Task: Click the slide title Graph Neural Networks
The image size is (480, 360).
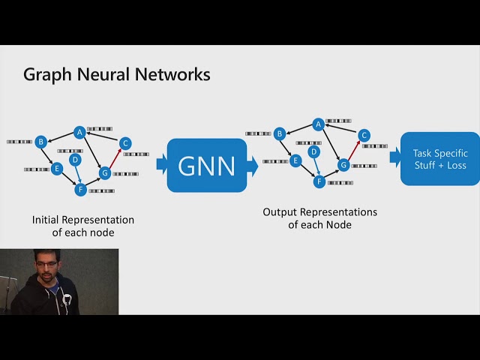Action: [x=116, y=75]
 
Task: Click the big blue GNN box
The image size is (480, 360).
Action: [x=206, y=165]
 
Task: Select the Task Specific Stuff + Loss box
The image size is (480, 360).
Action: [x=439, y=158]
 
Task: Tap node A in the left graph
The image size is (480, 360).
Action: [x=79, y=133]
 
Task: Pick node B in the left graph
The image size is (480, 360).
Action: [x=41, y=141]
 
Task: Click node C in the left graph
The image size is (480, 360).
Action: [x=125, y=143]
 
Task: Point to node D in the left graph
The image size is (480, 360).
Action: [x=75, y=160]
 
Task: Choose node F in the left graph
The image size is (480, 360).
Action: [x=80, y=190]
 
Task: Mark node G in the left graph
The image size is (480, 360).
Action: [x=105, y=173]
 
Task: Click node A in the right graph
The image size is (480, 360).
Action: [x=318, y=124]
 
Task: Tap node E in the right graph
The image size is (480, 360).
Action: [x=295, y=160]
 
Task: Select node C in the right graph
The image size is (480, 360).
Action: [x=364, y=136]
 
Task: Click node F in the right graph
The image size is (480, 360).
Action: [x=319, y=181]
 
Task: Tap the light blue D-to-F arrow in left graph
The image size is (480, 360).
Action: [x=77, y=175]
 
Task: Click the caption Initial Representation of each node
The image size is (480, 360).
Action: [x=83, y=226]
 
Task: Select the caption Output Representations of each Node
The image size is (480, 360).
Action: [x=319, y=218]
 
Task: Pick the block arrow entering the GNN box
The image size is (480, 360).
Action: [x=161, y=163]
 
